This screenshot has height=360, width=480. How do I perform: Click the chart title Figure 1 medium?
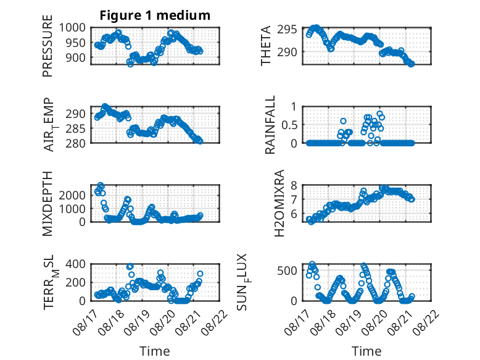pyautogui.click(x=155, y=15)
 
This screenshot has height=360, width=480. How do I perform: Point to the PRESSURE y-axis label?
pyautogui.click(x=48, y=46)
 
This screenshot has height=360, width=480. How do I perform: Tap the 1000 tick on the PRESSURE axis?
pyautogui.click(x=72, y=28)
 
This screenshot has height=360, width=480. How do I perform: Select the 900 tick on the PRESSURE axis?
pyautogui.click(x=75, y=57)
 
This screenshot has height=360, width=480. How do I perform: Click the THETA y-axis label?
pyautogui.click(x=266, y=46)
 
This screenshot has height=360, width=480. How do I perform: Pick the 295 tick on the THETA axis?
pyautogui.click(x=287, y=30)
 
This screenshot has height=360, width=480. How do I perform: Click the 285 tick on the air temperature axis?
pyautogui.click(x=75, y=128)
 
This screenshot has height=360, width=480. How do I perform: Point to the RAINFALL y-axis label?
pyautogui.click(x=270, y=125)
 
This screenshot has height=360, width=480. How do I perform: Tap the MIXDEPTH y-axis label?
pyautogui.click(x=48, y=204)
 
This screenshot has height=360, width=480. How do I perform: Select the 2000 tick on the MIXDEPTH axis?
pyautogui.click(x=72, y=195)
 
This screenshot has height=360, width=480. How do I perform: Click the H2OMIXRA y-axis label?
pyautogui.click(x=279, y=203)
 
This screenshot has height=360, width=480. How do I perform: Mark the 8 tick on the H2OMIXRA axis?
pyautogui.click(x=294, y=185)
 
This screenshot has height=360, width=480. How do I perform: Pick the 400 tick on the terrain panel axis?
pyautogui.click(x=75, y=264)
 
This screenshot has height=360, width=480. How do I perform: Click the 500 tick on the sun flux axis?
pyautogui.click(x=287, y=270)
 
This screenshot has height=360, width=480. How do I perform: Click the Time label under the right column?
pyautogui.click(x=366, y=351)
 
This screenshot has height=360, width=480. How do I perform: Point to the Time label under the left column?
pyautogui.click(x=155, y=351)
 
